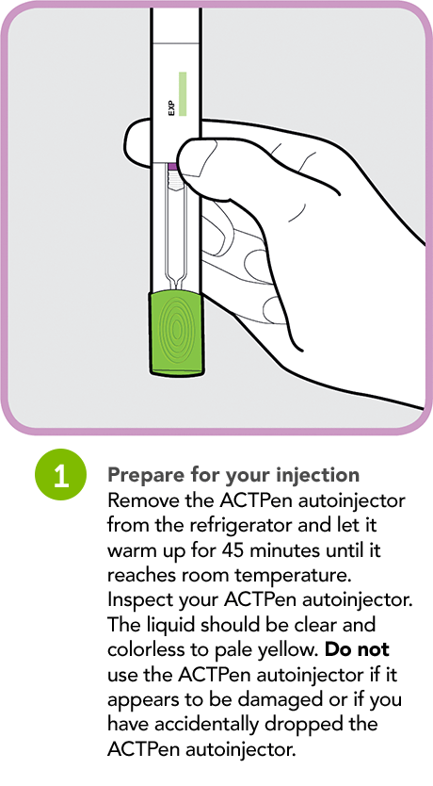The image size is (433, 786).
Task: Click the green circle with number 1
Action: point(59,476)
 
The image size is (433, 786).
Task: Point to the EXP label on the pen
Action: point(171,106)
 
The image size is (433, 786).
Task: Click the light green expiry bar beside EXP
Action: point(183,93)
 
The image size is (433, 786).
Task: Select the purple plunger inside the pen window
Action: point(173,166)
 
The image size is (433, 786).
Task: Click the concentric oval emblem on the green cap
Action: point(176,330)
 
